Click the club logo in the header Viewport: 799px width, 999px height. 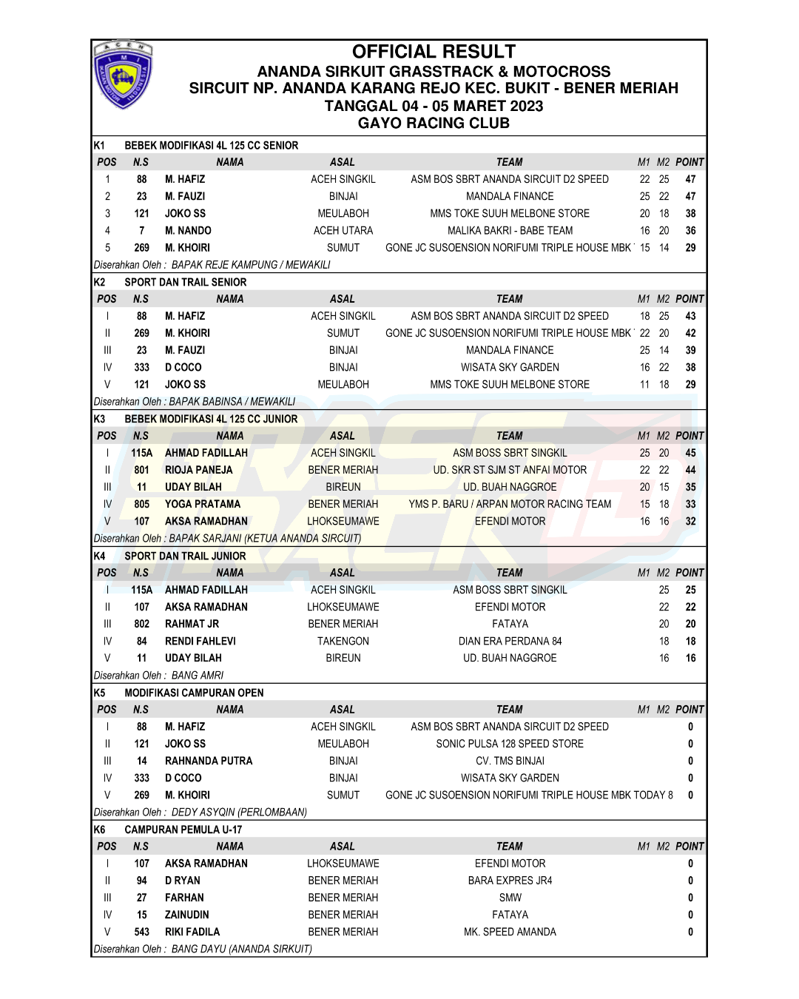[124, 75]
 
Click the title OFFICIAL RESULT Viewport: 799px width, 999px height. [434, 52]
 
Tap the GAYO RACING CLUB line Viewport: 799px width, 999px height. [434, 124]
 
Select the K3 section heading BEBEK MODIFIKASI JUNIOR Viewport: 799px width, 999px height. [211, 419]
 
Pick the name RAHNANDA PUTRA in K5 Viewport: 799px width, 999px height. [208, 761]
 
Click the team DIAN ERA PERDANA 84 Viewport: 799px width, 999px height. [510, 641]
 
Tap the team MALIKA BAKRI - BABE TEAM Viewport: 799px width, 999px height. [510, 231]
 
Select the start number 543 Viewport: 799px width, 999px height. [142, 932]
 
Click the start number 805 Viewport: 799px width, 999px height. [142, 504]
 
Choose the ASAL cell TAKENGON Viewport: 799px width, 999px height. [343, 641]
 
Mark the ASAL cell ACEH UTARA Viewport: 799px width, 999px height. [343, 231]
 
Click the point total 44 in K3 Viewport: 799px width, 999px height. [690, 470]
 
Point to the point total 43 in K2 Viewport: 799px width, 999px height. [690, 316]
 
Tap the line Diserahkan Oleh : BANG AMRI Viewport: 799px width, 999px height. [159, 676]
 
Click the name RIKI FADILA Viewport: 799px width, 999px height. [192, 932]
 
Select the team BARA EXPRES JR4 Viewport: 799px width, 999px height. [510, 881]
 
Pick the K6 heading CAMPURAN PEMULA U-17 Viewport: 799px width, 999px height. [183, 830]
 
